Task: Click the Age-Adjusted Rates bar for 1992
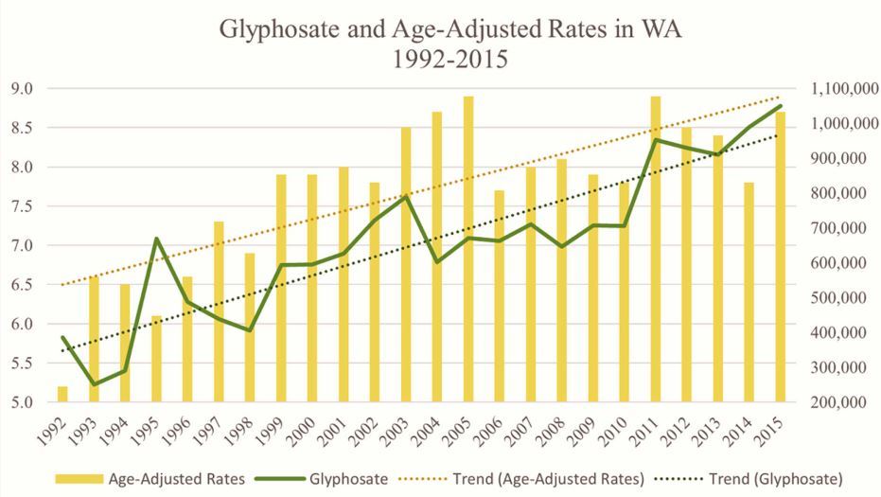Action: coord(62,394)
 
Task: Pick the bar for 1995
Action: coord(156,359)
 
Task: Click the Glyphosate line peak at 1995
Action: coord(156,239)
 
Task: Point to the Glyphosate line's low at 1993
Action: coord(94,384)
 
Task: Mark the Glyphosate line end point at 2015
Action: coord(781,106)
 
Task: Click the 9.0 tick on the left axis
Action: coord(23,89)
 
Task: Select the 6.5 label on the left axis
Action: coord(23,285)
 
